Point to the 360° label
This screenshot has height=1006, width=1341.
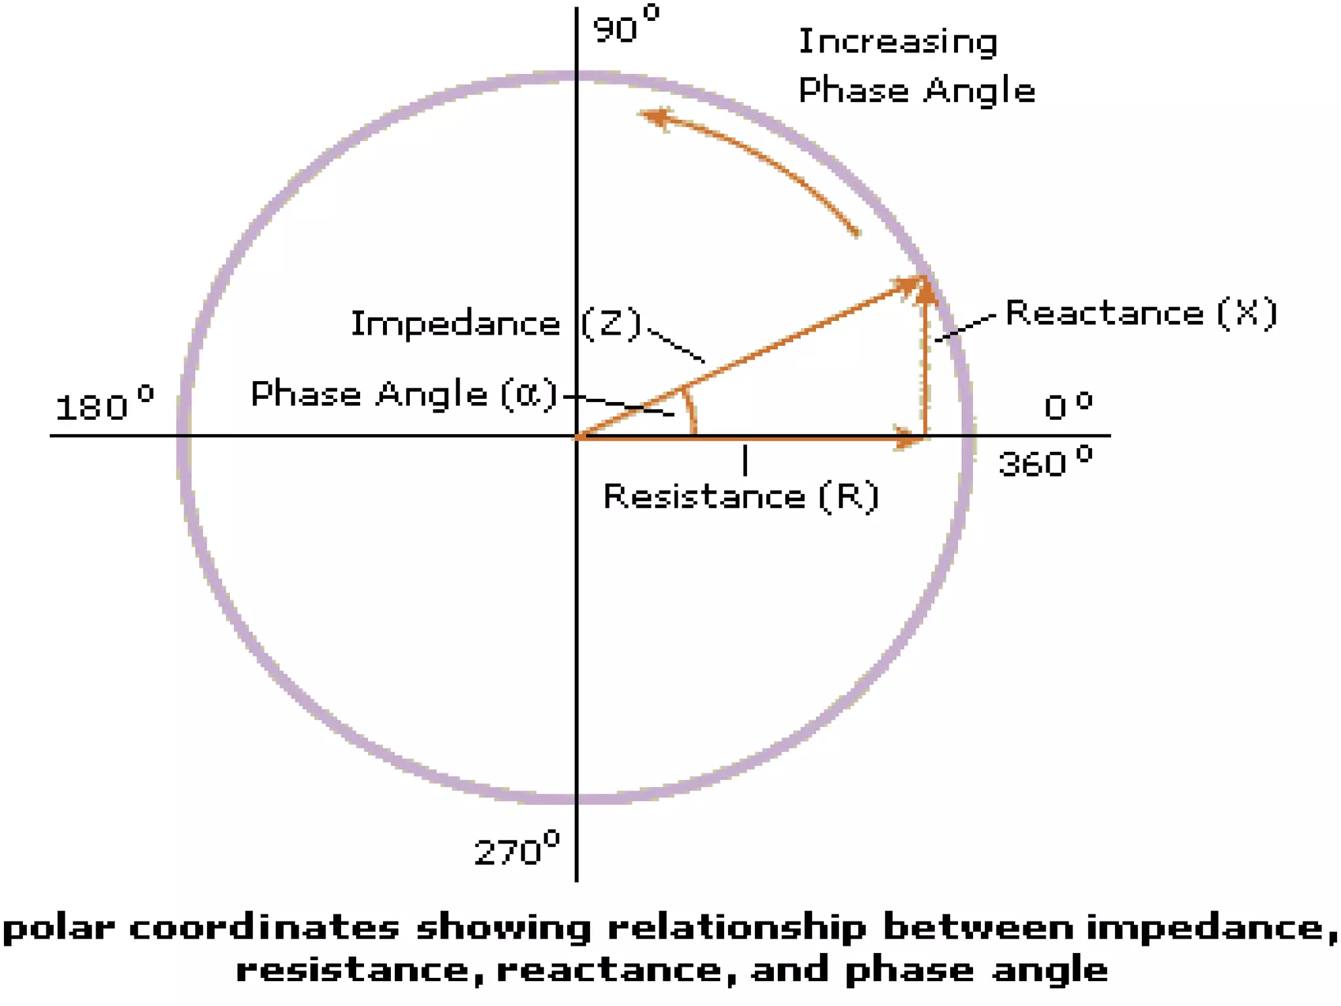point(1044,461)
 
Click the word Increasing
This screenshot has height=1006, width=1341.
point(898,42)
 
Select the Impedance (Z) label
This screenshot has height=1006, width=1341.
point(496,324)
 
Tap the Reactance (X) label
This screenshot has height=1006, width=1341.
point(1141,312)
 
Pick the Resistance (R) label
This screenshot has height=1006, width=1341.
point(741,496)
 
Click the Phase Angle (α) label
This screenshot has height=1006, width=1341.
point(404,394)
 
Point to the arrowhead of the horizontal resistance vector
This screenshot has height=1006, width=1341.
point(910,438)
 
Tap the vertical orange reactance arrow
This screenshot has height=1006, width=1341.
point(925,367)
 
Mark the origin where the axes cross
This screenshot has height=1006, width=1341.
point(576,436)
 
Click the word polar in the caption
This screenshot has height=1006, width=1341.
point(59,929)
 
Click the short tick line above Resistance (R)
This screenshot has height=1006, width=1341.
point(745,459)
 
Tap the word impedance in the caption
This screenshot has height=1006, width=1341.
point(1209,929)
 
